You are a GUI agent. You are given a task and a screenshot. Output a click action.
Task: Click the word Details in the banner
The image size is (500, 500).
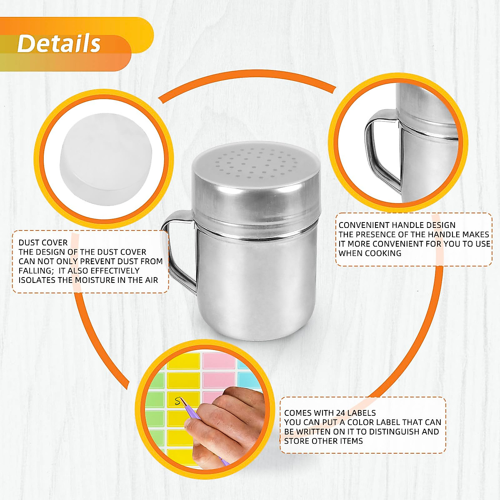click(59, 43)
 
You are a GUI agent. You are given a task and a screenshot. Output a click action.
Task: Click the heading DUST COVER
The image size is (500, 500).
click(43, 242)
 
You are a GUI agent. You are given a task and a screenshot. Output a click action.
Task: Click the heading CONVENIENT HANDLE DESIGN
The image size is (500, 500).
click(397, 225)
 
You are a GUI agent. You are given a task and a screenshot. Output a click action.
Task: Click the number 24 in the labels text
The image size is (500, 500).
click(340, 413)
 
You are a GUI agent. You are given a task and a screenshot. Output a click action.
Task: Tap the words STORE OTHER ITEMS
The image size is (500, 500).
click(323, 441)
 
